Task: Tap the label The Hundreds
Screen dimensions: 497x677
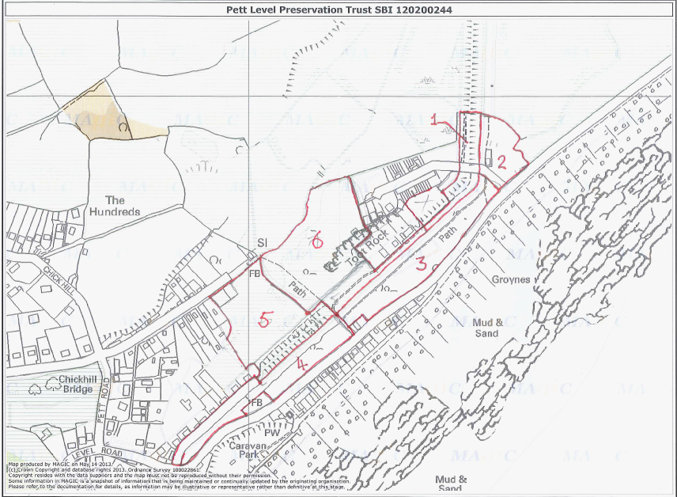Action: pyautogui.click(x=115, y=206)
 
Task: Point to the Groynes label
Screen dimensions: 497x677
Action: pyautogui.click(x=510, y=279)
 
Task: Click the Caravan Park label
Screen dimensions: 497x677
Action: pyautogui.click(x=252, y=451)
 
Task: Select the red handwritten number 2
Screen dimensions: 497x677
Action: pyautogui.click(x=501, y=161)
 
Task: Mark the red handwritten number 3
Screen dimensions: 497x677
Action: pyautogui.click(x=422, y=265)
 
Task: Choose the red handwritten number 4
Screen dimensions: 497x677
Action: pyautogui.click(x=301, y=363)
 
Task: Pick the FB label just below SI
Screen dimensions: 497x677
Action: pyautogui.click(x=255, y=273)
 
